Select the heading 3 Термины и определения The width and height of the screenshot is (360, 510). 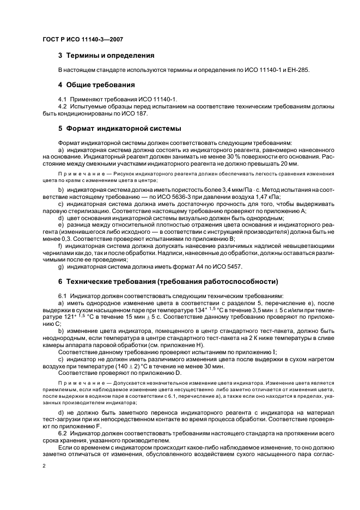click(106, 56)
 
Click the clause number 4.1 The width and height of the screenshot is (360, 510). click(63, 100)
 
